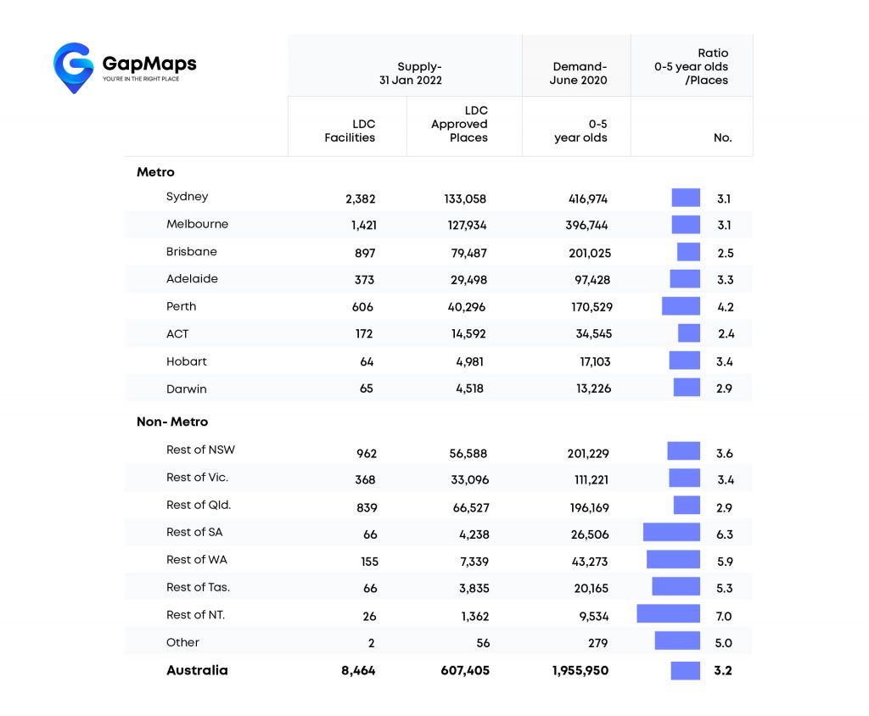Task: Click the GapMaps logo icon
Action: pyautogui.click(x=73, y=67)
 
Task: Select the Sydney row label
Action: pyautogui.click(x=187, y=197)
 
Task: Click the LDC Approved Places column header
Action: pyautogui.click(x=459, y=124)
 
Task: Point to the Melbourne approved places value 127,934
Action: pyautogui.click(x=468, y=226)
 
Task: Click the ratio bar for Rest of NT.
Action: pyautogui.click(x=668, y=614)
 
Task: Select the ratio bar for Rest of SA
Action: pyautogui.click(x=671, y=533)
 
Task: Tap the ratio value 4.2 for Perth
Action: pyautogui.click(x=725, y=307)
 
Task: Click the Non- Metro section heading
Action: pyautogui.click(x=172, y=422)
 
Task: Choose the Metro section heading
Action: pyautogui.click(x=155, y=172)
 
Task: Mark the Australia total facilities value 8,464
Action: pyautogui.click(x=357, y=671)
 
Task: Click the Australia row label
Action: pyautogui.click(x=197, y=670)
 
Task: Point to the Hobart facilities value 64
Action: pyautogui.click(x=367, y=362)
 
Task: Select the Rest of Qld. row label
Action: pyautogui.click(x=199, y=505)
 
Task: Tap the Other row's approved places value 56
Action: pyautogui.click(x=480, y=644)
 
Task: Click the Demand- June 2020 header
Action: pyautogui.click(x=580, y=74)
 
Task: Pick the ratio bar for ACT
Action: pyautogui.click(x=689, y=333)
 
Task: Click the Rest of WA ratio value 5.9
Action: pyautogui.click(x=725, y=562)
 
